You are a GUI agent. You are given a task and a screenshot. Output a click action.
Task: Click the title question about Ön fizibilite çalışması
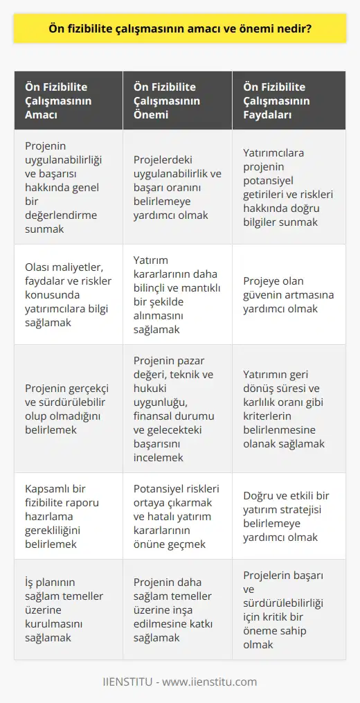(180, 30)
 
